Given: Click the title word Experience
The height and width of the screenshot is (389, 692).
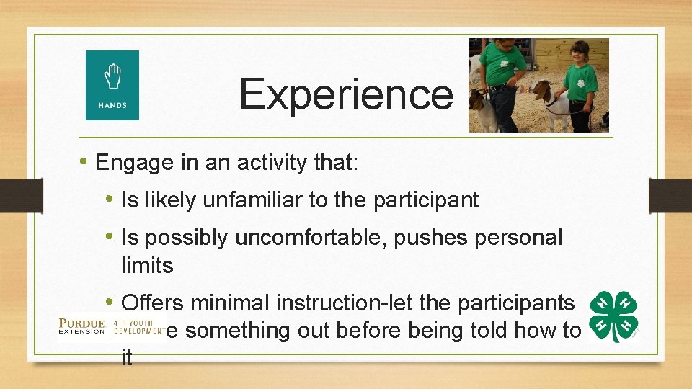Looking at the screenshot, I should click(x=345, y=94).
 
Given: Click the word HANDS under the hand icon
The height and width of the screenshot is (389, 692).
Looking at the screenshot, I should click(x=112, y=106).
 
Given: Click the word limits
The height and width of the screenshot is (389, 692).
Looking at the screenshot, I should click(x=147, y=266).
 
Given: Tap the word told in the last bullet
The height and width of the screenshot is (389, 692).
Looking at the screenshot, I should click(x=505, y=331).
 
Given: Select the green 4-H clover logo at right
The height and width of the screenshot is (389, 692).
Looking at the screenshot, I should click(x=613, y=317).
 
